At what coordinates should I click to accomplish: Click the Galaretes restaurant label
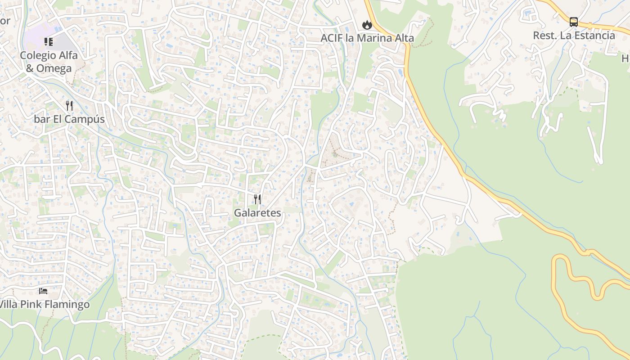point(257,213)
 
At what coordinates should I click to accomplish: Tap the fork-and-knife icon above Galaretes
point(257,199)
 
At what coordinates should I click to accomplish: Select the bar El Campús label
point(69,119)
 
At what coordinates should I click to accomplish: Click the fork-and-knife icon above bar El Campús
point(69,106)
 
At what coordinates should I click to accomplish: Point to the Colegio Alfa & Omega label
point(49,62)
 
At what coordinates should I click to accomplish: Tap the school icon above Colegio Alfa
point(49,42)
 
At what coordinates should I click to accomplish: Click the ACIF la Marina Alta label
point(367,38)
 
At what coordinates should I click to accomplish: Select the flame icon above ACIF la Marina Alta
point(367,25)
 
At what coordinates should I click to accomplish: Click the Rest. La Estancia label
point(574,36)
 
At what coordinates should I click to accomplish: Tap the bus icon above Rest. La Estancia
point(574,22)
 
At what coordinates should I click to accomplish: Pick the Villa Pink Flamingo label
point(44,305)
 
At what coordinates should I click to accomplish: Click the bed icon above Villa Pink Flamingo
point(43,291)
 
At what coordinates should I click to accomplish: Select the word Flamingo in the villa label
point(66,305)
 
